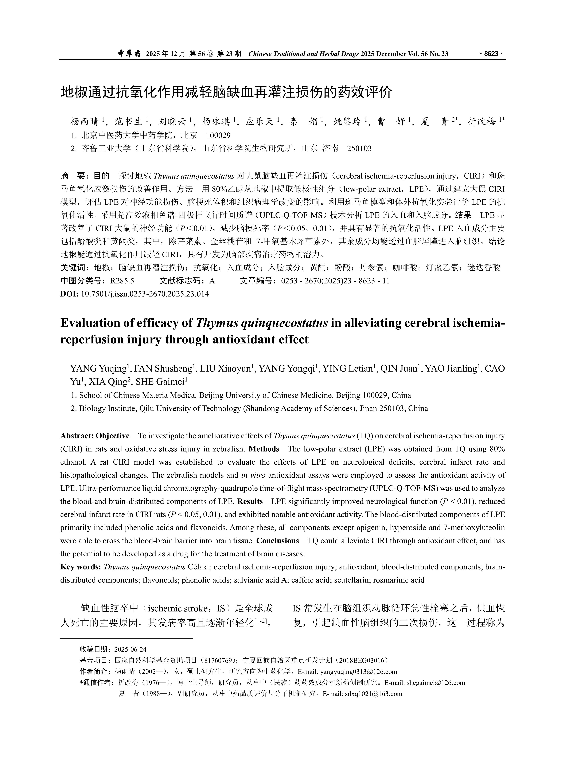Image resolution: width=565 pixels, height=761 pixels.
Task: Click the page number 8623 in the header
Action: pyautogui.click(x=491, y=54)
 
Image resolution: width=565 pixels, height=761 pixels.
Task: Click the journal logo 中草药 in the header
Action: pyautogui.click(x=129, y=54)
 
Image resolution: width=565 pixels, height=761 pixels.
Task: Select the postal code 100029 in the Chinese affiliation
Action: pyautogui.click(x=218, y=135)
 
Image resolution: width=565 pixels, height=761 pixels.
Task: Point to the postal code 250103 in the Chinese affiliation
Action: pyautogui.click(x=359, y=148)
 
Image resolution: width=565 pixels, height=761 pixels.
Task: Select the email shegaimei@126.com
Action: pyautogui.click(x=435, y=683)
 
